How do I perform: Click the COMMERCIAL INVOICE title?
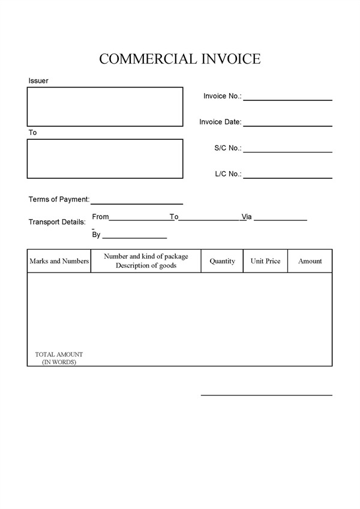(x=180, y=59)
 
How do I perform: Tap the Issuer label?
(x=38, y=80)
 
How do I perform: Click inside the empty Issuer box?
(x=104, y=107)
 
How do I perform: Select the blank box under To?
(x=104, y=158)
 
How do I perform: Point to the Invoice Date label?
(x=220, y=122)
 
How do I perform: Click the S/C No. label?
(x=227, y=148)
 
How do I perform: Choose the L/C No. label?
(x=228, y=174)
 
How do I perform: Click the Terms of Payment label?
(x=59, y=199)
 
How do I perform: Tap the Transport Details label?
(x=57, y=222)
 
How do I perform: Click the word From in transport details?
(x=100, y=217)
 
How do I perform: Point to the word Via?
(x=247, y=217)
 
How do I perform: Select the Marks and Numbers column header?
(x=59, y=261)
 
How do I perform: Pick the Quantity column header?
(x=222, y=261)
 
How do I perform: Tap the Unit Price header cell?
(x=265, y=261)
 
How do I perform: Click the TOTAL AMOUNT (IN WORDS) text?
(x=59, y=358)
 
